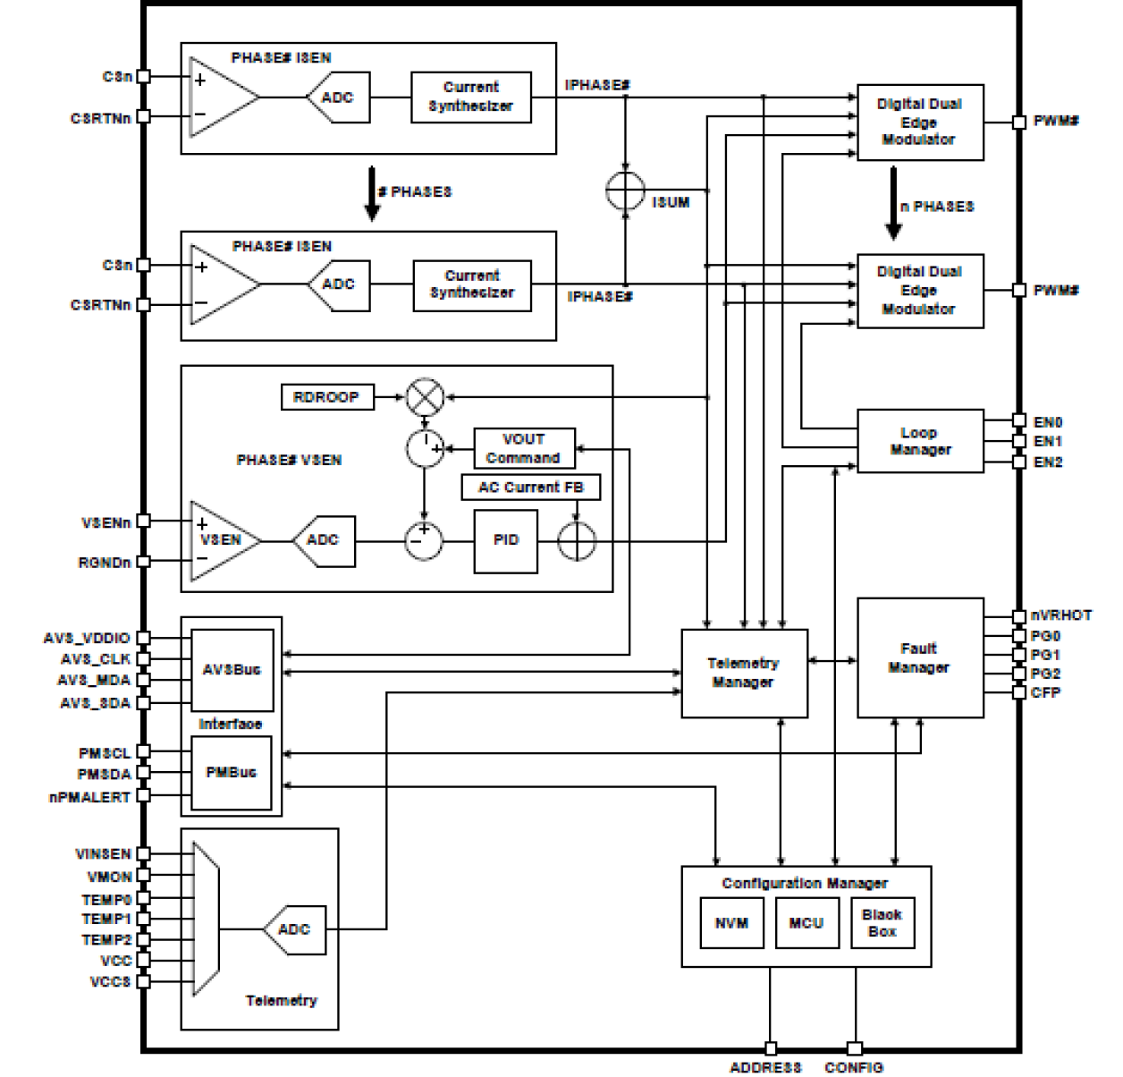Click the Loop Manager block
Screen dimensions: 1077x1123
[920, 441]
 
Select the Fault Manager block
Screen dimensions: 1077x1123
[920, 657]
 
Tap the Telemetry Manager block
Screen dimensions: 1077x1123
[744, 673]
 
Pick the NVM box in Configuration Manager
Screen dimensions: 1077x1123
[732, 923]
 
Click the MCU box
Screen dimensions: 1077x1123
[806, 923]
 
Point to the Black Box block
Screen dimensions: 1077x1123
[882, 923]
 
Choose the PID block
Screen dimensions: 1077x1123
[506, 540]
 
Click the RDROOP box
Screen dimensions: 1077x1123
[326, 396]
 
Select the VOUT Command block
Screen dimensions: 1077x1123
[524, 448]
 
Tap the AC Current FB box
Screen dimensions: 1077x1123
[531, 488]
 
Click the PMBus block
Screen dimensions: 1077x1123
[232, 773]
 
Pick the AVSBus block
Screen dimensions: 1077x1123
[232, 670]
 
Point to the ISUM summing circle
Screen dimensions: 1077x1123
[625, 191]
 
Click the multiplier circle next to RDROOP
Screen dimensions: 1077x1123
[425, 397]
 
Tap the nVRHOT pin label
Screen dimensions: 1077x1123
[1060, 615]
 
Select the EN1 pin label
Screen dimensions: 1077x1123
[1047, 442]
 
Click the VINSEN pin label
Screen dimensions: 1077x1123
[104, 854]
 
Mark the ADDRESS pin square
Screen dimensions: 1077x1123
[771, 1048]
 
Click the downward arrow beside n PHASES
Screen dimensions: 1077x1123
[893, 205]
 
